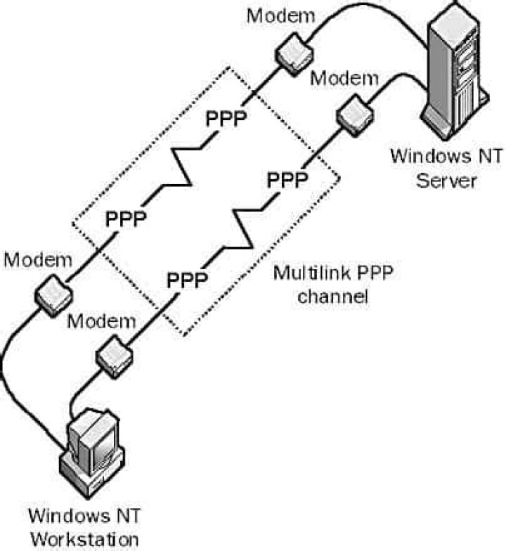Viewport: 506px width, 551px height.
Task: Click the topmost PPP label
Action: click(226, 119)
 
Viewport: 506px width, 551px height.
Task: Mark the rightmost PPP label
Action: click(287, 181)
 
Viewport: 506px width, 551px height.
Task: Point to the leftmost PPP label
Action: click(126, 219)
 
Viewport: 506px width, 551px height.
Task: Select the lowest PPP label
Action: click(187, 280)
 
